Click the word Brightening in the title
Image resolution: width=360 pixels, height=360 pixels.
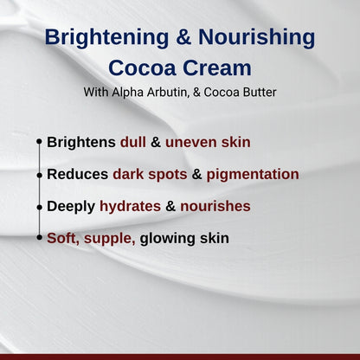[x=106, y=37]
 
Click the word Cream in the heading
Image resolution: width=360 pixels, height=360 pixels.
[x=219, y=67]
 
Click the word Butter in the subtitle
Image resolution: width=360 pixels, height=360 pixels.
[x=255, y=92]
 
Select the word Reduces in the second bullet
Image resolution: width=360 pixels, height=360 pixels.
[x=78, y=174]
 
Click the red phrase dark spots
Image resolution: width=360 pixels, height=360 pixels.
[x=150, y=174]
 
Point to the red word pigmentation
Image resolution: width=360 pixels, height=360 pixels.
[x=253, y=174]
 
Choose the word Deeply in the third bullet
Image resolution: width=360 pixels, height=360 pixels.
[x=71, y=206]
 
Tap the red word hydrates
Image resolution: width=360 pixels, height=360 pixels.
[x=130, y=206]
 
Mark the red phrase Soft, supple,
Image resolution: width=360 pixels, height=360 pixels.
[x=91, y=238]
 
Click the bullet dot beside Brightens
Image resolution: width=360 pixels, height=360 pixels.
[x=39, y=141]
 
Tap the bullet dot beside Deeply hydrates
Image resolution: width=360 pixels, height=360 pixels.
[x=39, y=206]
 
